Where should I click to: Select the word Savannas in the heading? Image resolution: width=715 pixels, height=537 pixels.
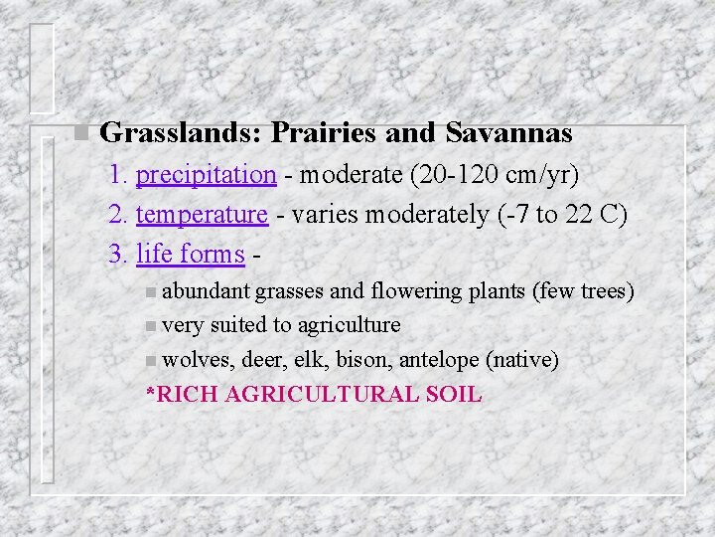[509, 132]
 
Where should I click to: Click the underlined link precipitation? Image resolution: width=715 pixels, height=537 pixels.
[206, 175]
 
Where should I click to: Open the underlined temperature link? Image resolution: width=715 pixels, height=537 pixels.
[202, 214]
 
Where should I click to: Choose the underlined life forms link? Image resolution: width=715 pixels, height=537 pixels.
[190, 255]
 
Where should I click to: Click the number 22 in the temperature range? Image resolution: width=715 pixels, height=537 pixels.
[579, 214]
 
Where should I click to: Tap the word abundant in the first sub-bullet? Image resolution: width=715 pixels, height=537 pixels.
[206, 291]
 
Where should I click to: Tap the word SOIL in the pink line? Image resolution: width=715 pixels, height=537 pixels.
[452, 394]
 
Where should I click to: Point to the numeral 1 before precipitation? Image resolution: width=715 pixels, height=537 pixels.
[117, 175]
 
